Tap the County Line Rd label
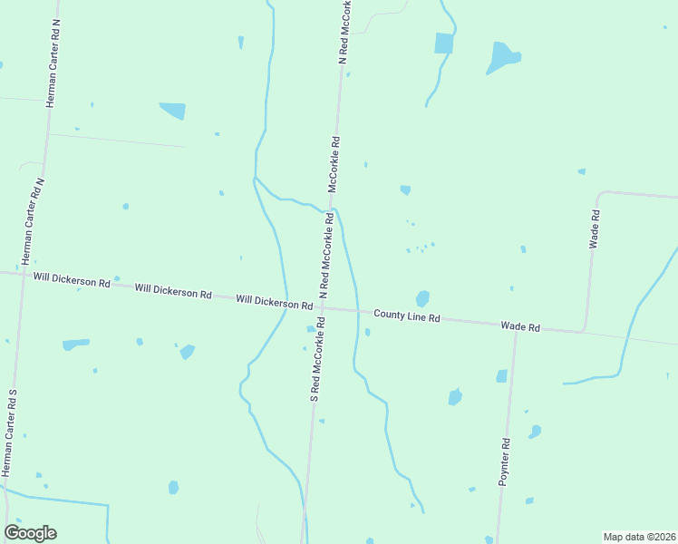pyautogui.click(x=407, y=317)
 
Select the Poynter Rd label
pyautogui.click(x=506, y=462)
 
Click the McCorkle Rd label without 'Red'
pyautogui.click(x=334, y=164)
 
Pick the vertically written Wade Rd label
pyautogui.click(x=595, y=229)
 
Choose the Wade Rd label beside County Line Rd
pyautogui.click(x=521, y=326)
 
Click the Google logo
pyautogui.click(x=31, y=533)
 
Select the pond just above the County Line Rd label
pyautogui.click(x=422, y=298)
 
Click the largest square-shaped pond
pyautogui.click(x=443, y=43)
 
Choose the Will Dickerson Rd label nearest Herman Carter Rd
pyautogui.click(x=72, y=281)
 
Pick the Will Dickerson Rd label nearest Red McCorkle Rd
pyautogui.click(x=274, y=301)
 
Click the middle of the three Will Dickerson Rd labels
pyautogui.click(x=172, y=292)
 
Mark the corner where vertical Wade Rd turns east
pyautogui.click(x=599, y=194)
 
